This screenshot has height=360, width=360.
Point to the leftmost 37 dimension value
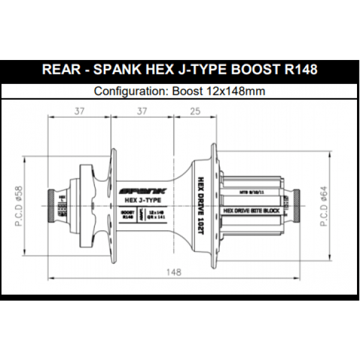click(x=79, y=110)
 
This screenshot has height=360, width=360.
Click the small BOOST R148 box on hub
click(x=126, y=215)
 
